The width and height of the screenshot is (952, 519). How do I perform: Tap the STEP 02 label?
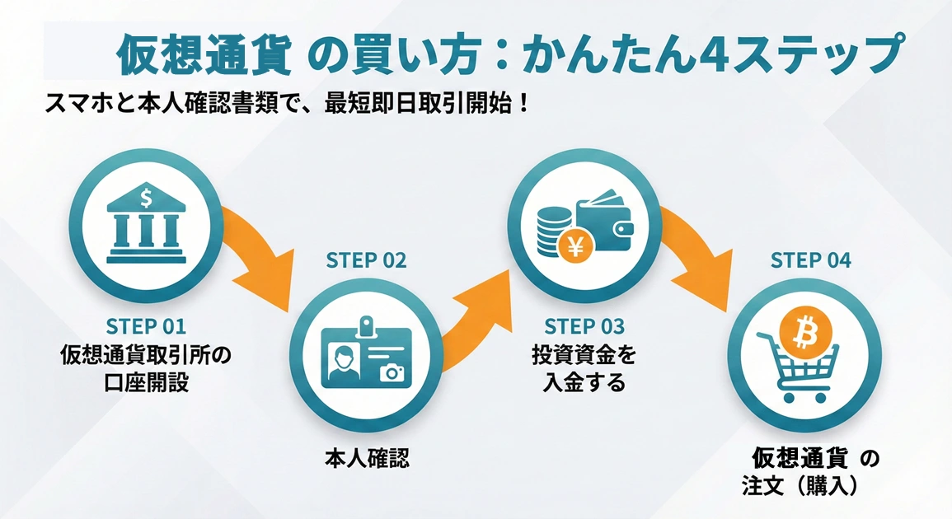click(367, 260)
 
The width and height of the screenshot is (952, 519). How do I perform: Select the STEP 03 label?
click(584, 325)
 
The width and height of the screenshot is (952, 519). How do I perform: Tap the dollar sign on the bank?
click(146, 198)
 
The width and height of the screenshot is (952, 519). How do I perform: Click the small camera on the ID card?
click(393, 372)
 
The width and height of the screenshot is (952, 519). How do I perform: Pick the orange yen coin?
click(570, 245)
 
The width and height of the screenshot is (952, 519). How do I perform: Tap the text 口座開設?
click(146, 383)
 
